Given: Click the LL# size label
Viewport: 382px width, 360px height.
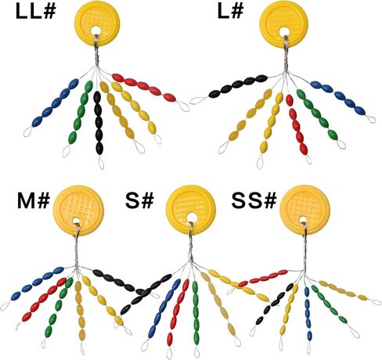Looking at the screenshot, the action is (35, 12).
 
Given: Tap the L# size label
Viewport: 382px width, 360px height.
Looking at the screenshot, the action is (230, 11).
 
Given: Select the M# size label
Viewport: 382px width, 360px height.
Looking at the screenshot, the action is (34, 201).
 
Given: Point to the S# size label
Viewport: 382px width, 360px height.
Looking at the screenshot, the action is (139, 200).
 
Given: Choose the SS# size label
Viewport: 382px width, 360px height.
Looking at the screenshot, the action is (254, 201).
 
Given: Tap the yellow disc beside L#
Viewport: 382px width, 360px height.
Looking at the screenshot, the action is (284, 25).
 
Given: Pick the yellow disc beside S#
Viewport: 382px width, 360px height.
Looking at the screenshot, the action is (191, 209).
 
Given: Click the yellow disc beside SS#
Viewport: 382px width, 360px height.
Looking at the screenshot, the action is (305, 210).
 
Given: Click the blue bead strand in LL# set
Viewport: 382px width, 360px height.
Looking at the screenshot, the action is (56, 103).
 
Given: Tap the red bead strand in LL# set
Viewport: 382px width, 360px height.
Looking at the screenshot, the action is (144, 88).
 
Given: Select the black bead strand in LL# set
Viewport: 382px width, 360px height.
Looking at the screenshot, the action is (98, 123).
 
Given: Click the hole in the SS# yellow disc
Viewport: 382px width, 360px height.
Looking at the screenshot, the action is (303, 220).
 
